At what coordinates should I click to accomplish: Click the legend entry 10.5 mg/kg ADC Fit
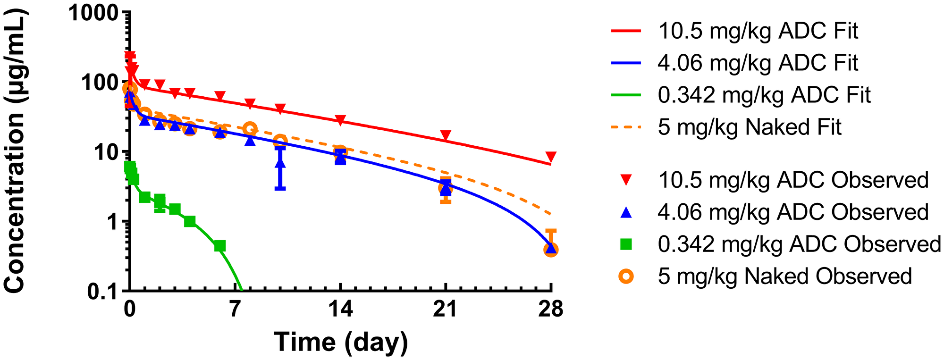[x=758, y=31]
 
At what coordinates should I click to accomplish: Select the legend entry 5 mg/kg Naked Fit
[x=749, y=127]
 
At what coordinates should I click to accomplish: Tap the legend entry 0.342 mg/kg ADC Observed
[x=799, y=244]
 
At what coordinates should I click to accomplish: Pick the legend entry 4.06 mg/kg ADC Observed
[x=793, y=212]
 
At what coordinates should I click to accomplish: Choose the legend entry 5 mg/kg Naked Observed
[x=784, y=276]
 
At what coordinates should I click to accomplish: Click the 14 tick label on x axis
[x=340, y=310]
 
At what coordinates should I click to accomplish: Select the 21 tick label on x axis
[x=446, y=310]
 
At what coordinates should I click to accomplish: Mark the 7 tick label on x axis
[x=235, y=310]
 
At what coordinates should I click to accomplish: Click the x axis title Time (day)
[x=341, y=342]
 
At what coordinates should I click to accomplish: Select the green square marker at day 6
[x=219, y=246]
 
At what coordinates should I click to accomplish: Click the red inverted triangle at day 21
[x=446, y=136]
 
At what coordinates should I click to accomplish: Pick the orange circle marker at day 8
[x=250, y=128]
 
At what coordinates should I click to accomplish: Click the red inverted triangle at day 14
[x=340, y=120]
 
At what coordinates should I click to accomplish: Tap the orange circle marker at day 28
[x=551, y=250]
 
